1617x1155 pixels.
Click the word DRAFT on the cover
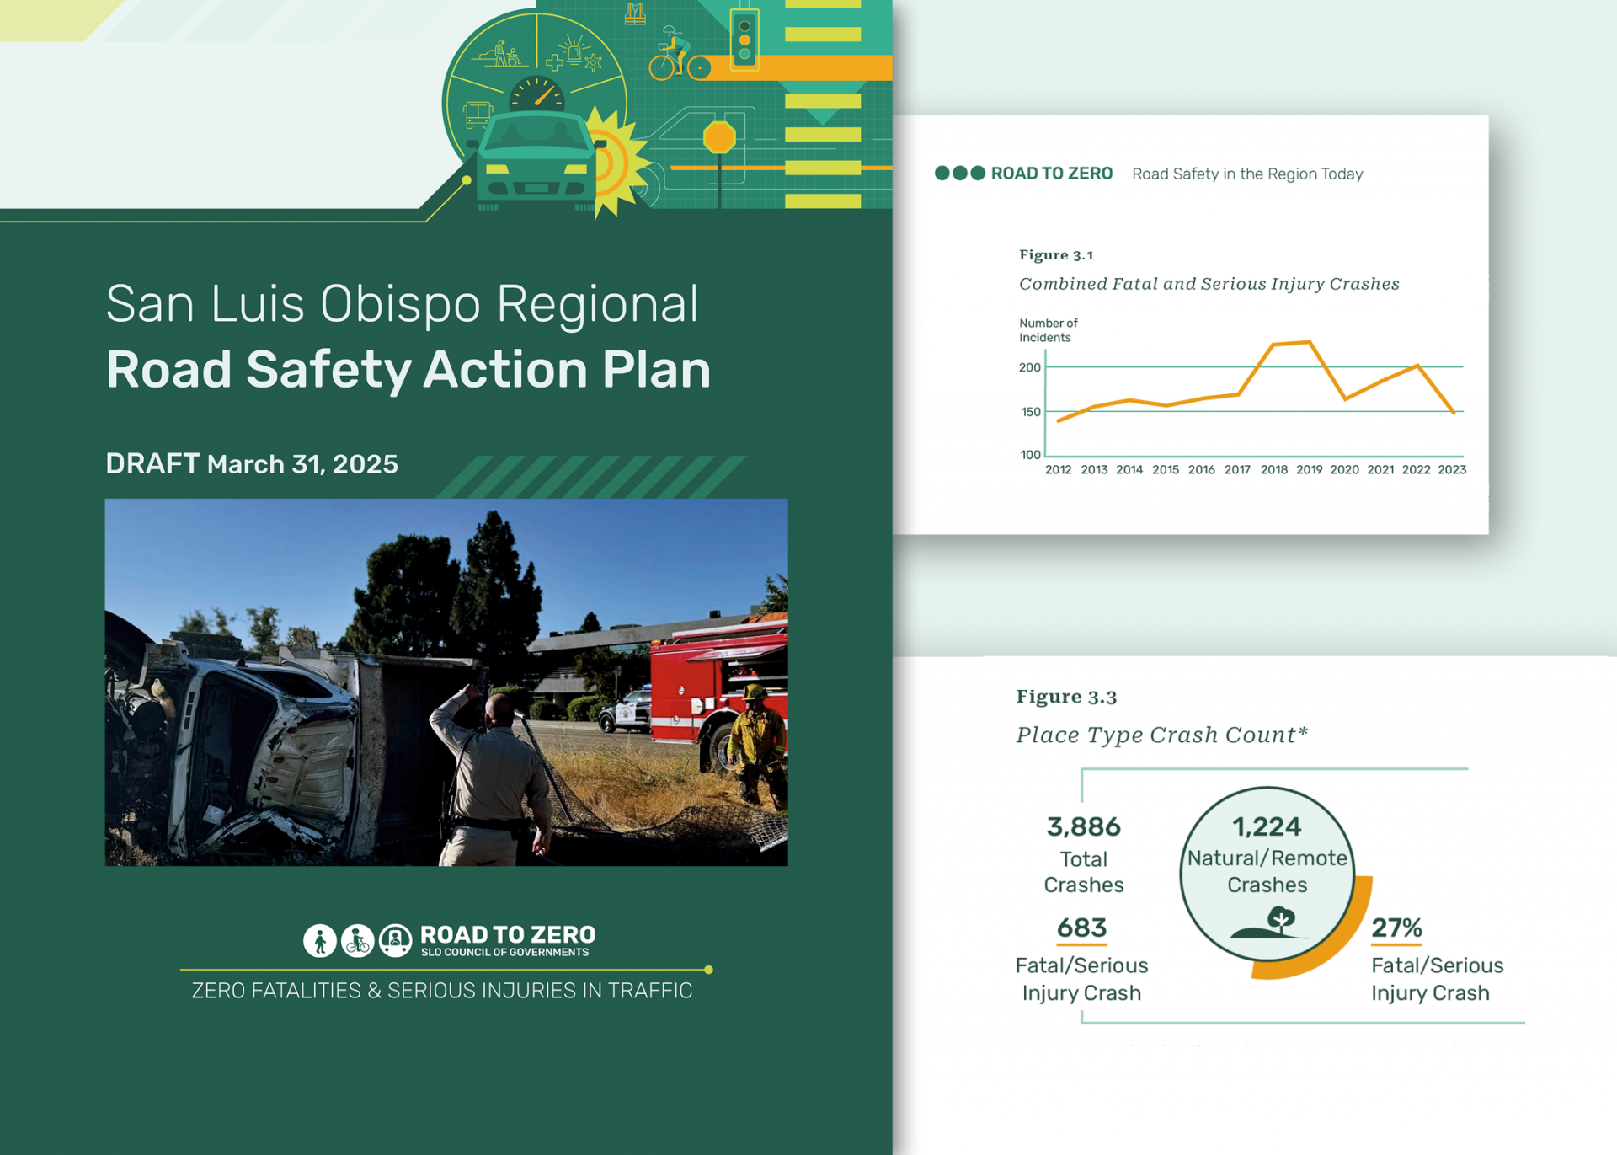pos(152,463)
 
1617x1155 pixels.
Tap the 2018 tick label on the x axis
pos(1273,470)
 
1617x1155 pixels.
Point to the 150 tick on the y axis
pos(1031,412)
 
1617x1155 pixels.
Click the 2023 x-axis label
pos(1452,470)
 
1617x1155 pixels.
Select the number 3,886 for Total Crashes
pos(1083,827)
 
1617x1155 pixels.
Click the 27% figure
pos(1396,928)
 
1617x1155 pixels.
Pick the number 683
pos(1081,928)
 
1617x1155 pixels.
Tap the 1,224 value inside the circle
pos(1267,827)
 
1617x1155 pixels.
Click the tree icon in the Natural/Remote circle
pos(1280,920)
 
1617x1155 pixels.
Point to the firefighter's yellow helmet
pos(753,692)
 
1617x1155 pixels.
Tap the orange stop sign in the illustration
pos(719,137)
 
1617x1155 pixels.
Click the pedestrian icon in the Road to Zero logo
pos(320,940)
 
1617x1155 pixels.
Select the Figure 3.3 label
pos(1066,697)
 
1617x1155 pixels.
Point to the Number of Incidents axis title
pos(1048,330)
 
